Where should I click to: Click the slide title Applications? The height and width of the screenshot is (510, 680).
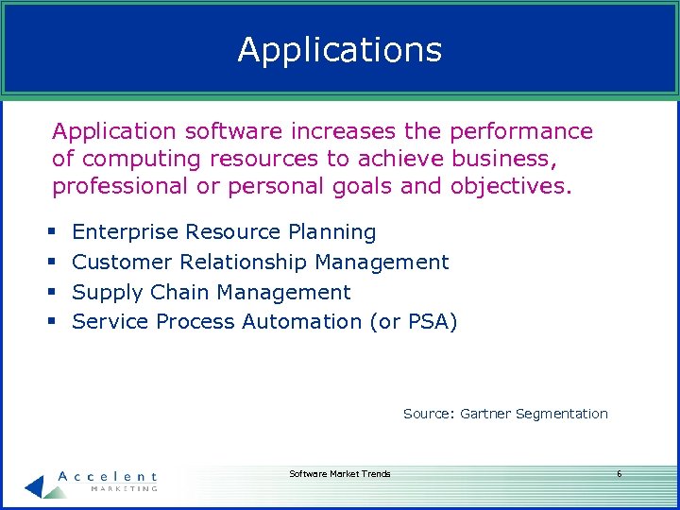[x=339, y=49]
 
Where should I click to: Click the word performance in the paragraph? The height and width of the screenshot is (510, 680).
[x=521, y=132]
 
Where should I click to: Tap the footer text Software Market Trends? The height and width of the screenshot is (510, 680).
[x=339, y=474]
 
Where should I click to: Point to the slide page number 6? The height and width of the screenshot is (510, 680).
[x=619, y=474]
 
